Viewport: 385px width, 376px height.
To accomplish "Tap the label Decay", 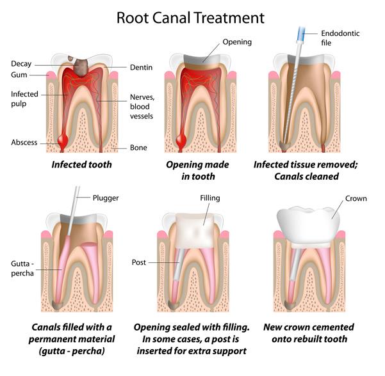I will coord(22,63).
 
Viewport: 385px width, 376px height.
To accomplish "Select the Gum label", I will coord(20,75).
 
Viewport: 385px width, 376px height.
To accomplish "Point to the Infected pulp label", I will coord(25,98).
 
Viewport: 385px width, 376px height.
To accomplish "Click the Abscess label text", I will coord(24,142).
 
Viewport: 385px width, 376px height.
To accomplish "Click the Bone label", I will coord(138,148).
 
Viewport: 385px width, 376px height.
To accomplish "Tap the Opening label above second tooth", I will coord(237,42).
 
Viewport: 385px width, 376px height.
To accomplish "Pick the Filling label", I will coord(210,198).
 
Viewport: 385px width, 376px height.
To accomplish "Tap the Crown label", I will coord(356,199).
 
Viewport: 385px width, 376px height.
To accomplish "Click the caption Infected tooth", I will coord(82,164).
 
